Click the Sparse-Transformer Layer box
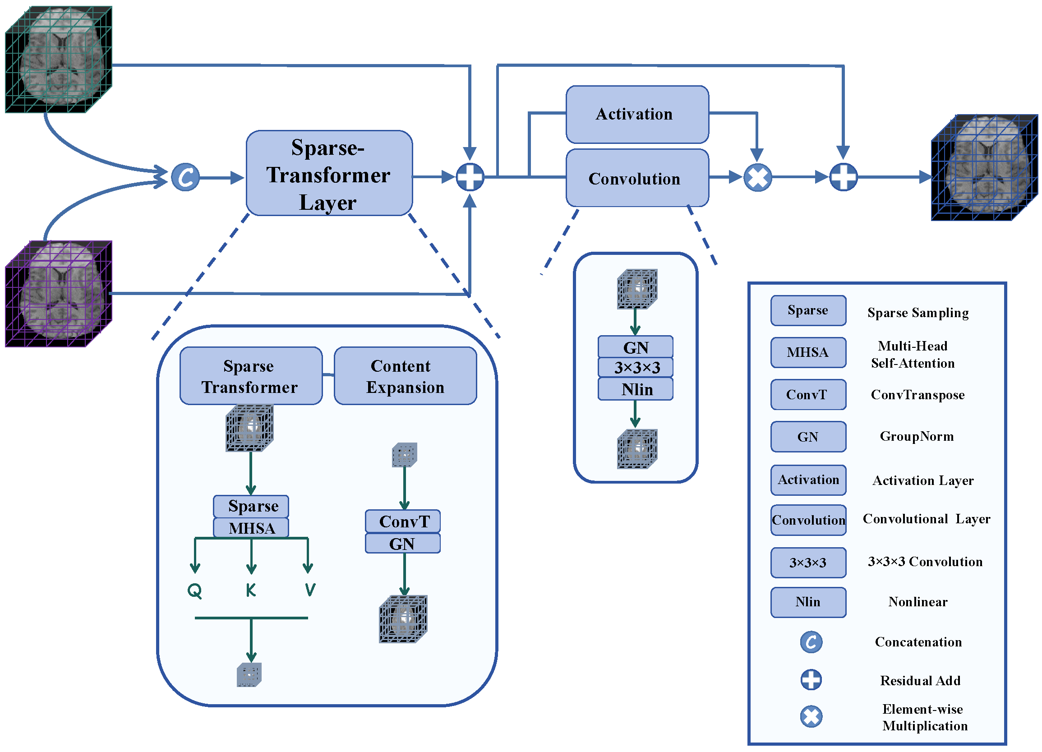click(x=329, y=173)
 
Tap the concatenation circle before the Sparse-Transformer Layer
click(x=185, y=177)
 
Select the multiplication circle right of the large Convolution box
click(x=758, y=177)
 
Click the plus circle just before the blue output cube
click(x=844, y=177)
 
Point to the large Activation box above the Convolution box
click(x=637, y=115)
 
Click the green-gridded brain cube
click(x=59, y=59)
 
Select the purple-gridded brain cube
click(x=59, y=294)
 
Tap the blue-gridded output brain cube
click(x=985, y=168)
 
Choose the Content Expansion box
click(x=405, y=376)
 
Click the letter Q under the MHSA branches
click(x=195, y=591)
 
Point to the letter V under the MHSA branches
click(x=310, y=590)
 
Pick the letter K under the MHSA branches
click(x=251, y=590)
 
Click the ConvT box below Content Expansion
click(x=403, y=521)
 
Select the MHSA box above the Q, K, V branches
click(x=251, y=528)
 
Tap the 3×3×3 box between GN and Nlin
click(x=636, y=367)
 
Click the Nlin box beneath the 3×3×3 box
click(x=636, y=389)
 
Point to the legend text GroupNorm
click(x=917, y=436)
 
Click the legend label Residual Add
click(x=920, y=681)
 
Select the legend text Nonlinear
click(x=918, y=602)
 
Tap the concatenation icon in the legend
click(x=811, y=642)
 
